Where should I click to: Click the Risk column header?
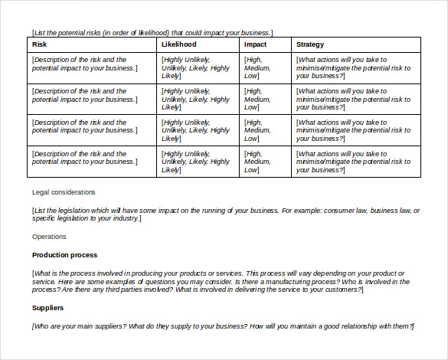point(40,44)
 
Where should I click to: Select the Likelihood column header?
point(179,44)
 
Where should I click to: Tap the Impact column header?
point(255,44)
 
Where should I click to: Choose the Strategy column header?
point(310,44)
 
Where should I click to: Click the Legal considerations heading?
point(64,191)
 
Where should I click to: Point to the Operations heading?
point(49,237)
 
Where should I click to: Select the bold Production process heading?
point(64,254)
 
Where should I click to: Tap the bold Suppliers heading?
point(47,308)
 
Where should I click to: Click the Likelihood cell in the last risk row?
point(195,162)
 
